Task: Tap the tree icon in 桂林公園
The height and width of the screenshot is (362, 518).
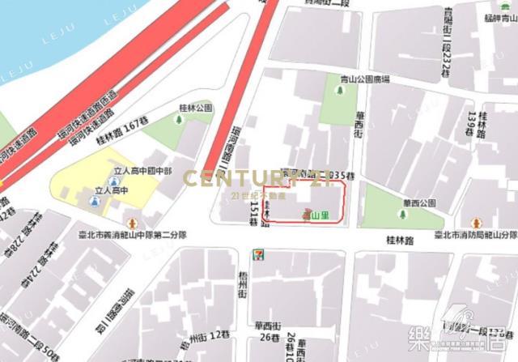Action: pos(179,121)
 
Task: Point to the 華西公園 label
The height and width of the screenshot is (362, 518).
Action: pos(418,202)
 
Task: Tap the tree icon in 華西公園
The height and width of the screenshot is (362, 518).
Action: pos(401,214)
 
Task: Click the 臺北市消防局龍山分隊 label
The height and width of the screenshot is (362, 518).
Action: pos(476,236)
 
